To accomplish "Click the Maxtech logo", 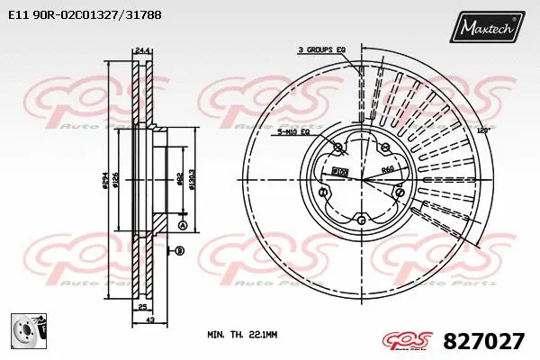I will click(x=490, y=29).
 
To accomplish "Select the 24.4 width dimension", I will click(x=140, y=51).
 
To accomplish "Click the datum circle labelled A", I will click(x=182, y=225).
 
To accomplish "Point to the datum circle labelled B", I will click(x=179, y=249).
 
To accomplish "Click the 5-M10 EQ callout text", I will click(x=292, y=131).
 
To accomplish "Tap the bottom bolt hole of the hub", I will click(x=362, y=219).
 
